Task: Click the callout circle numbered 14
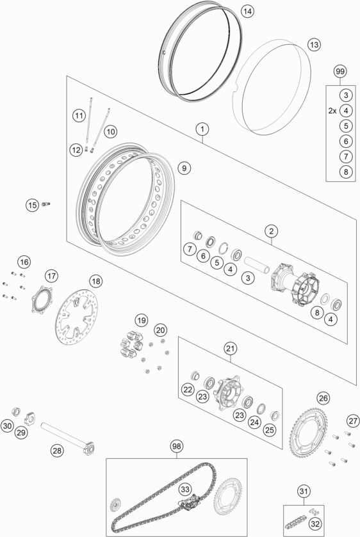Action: (247, 12)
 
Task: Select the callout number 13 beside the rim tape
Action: (313, 45)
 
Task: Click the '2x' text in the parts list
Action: (332, 110)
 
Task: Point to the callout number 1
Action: (202, 130)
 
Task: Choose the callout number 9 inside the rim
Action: (183, 168)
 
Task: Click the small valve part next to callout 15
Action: (46, 204)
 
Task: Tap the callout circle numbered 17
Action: (52, 276)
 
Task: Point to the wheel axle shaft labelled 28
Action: (67, 434)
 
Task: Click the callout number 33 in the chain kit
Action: (185, 489)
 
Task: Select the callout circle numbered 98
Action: (176, 445)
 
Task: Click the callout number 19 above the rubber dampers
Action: (141, 319)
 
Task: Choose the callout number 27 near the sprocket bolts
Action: (352, 420)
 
